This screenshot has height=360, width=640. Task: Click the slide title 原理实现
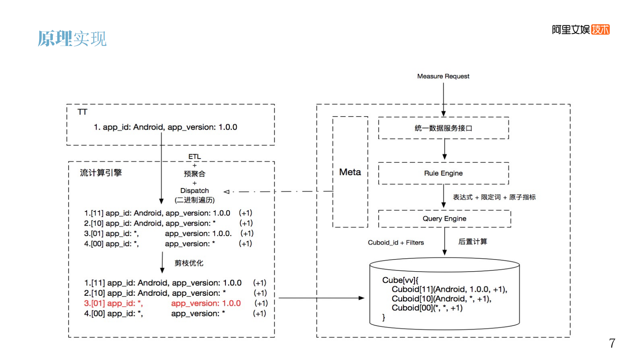pyautogui.click(x=72, y=39)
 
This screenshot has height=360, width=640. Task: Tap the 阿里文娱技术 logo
pyautogui.click(x=580, y=29)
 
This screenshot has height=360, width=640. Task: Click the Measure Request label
pyautogui.click(x=443, y=76)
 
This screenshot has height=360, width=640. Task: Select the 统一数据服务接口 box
pyautogui.click(x=443, y=128)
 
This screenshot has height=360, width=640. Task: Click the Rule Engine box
pyautogui.click(x=443, y=173)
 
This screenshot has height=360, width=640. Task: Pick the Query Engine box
pyautogui.click(x=444, y=219)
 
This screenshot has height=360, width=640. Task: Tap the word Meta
pyautogui.click(x=350, y=172)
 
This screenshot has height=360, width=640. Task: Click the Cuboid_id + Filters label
pyautogui.click(x=396, y=243)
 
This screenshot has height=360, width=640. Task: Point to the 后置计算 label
pyautogui.click(x=473, y=242)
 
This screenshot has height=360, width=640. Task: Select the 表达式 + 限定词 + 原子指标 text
pyautogui.click(x=494, y=197)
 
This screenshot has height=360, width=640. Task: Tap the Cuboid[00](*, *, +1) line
pyautogui.click(x=427, y=308)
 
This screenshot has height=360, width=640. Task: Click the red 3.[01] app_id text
pyautogui.click(x=113, y=303)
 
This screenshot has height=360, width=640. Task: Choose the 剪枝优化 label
pyautogui.click(x=189, y=263)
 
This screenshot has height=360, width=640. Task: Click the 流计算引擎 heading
pyautogui.click(x=101, y=173)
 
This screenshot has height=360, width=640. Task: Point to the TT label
pyautogui.click(x=82, y=112)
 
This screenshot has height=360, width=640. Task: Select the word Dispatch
pyautogui.click(x=194, y=190)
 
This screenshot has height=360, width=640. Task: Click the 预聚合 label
pyautogui.click(x=194, y=174)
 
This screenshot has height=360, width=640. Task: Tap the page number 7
pyautogui.click(x=612, y=343)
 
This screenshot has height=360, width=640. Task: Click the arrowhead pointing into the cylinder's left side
pyautogui.click(x=362, y=298)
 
